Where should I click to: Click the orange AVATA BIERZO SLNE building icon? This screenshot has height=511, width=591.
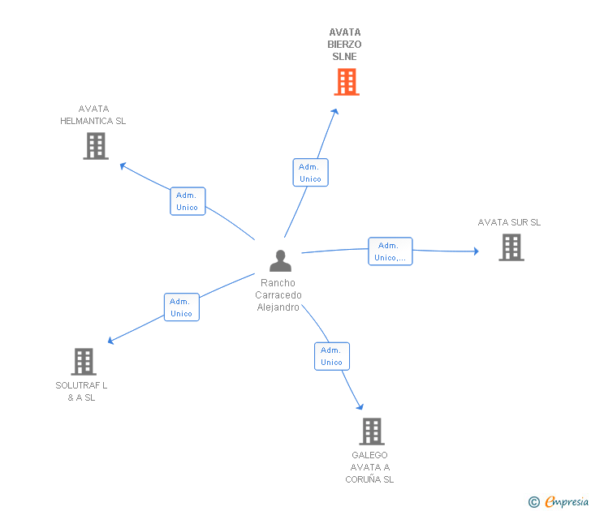pos(347,82)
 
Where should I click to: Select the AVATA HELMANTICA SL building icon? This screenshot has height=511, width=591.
pos(96,146)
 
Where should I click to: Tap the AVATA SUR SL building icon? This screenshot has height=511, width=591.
pos(511,247)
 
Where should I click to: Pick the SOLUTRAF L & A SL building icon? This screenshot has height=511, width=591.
pos(84,362)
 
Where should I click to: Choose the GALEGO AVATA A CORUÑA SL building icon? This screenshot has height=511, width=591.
pos(371,432)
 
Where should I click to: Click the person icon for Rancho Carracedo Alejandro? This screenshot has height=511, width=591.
pos(280,261)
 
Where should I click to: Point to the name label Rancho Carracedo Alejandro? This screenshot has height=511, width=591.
pos(278,295)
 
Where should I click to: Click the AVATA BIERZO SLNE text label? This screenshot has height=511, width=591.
pos(345,45)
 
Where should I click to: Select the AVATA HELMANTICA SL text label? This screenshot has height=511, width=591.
pos(93,115)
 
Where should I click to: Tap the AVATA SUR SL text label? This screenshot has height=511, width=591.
pos(509,222)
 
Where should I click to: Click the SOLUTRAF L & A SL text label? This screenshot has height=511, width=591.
pos(81,392)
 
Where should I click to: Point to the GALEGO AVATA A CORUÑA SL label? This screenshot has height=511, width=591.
pos(369,467)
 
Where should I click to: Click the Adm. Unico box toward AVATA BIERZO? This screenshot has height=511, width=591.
pos(310,173)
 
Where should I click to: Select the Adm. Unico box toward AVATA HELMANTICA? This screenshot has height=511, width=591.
pos(188,201)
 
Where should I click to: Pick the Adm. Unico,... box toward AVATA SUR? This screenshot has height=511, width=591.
pos(390,251)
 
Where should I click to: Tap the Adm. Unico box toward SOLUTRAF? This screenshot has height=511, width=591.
pos(182,307)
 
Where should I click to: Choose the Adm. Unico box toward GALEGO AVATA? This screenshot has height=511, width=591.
pos(332,356)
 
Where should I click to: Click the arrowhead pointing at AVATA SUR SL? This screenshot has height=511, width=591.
pos(476,251)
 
